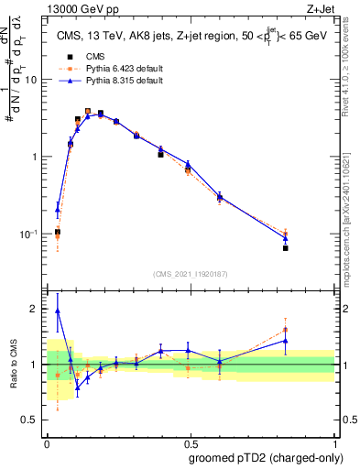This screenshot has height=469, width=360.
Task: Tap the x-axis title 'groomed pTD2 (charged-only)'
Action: click(x=267, y=457)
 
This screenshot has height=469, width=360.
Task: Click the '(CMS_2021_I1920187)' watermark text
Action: click(x=190, y=273)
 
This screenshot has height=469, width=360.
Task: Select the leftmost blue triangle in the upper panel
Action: click(x=58, y=210)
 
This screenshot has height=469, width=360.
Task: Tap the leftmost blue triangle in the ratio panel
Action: click(x=58, y=311)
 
